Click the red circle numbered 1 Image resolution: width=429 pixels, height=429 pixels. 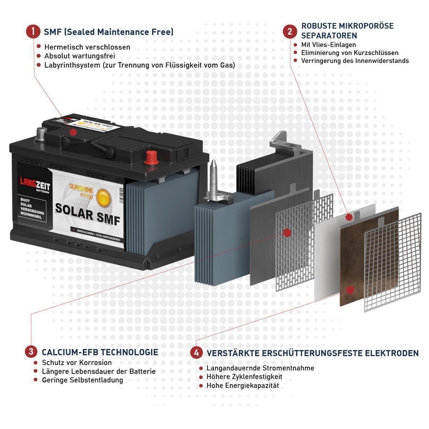[33, 31]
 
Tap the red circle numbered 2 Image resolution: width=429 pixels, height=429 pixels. [290, 31]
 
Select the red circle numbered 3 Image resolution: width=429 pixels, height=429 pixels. [31, 351]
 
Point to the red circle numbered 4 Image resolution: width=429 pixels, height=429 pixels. [196, 353]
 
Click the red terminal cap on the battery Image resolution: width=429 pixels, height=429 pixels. [151, 157]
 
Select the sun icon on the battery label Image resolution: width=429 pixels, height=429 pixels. [103, 196]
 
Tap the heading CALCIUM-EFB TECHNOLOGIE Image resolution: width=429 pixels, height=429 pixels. [100, 352]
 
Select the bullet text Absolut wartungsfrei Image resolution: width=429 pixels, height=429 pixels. [79, 56]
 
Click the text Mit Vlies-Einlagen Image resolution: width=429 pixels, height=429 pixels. [329, 45]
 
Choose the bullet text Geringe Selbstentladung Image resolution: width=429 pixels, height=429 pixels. [82, 380]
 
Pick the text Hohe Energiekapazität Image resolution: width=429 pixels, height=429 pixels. [242, 386]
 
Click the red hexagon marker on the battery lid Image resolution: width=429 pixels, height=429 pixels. [73, 132]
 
